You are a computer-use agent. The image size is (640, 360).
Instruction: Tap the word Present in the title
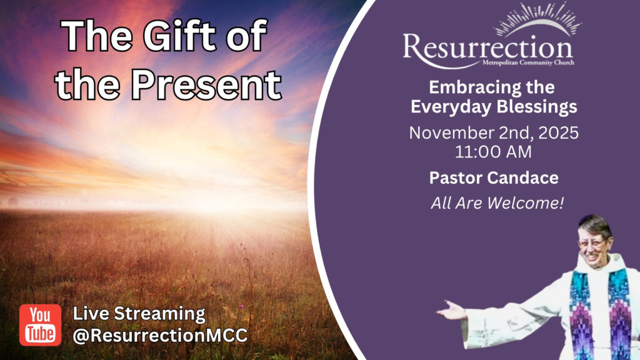(206, 84)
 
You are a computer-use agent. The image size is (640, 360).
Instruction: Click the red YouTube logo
(41, 325)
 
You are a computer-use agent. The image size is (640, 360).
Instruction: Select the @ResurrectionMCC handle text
(160, 336)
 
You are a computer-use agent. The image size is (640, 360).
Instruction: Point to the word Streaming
(159, 314)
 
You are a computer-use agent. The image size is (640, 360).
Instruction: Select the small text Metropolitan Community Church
(528, 62)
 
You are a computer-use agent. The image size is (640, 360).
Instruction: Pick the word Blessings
(536, 107)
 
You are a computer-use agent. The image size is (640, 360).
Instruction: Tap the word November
(446, 133)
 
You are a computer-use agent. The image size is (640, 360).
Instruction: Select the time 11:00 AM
(493, 152)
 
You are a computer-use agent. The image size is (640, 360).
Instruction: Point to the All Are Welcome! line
(497, 203)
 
